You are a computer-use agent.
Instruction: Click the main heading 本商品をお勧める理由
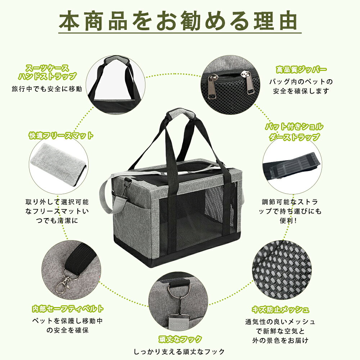click(178, 21)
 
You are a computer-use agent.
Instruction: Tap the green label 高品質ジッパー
click(301, 69)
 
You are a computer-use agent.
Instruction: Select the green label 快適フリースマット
click(61, 135)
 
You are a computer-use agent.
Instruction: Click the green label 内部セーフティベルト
click(68, 309)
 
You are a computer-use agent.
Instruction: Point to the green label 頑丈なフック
click(180, 339)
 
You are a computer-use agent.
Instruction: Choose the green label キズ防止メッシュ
click(280, 310)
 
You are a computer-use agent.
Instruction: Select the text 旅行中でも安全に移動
click(47, 89)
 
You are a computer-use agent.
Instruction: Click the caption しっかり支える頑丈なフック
click(179, 352)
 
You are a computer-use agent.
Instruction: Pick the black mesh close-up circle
click(282, 270)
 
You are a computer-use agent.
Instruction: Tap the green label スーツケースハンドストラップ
click(47, 72)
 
